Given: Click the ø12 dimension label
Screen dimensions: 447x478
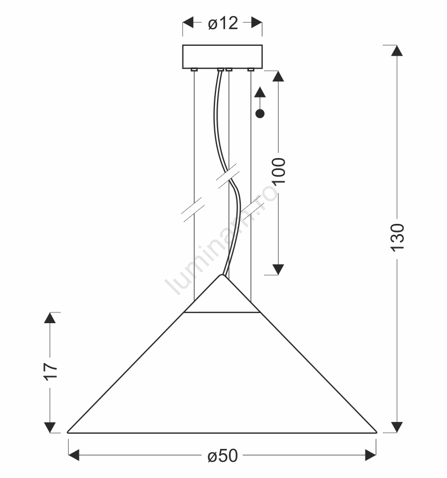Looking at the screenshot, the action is click(223, 23).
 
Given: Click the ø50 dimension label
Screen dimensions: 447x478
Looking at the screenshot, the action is click(222, 456).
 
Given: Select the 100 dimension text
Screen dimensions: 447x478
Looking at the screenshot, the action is click(279, 171).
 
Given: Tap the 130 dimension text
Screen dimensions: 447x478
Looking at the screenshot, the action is click(397, 237).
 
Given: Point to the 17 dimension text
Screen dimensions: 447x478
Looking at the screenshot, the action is click(51, 371).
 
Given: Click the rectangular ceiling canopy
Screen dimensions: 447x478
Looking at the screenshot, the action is click(222, 57).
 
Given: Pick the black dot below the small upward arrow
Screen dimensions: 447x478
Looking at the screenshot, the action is click(260, 114).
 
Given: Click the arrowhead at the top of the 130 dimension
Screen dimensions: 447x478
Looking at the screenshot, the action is click(397, 51).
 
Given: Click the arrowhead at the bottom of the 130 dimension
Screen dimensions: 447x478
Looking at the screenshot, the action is click(397, 427).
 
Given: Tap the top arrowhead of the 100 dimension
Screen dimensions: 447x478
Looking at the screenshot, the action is click(278, 76).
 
